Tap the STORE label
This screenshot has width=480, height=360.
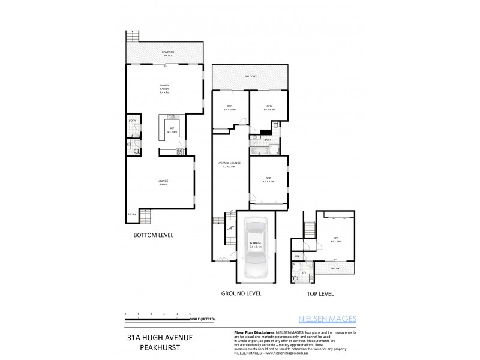tap(131, 214)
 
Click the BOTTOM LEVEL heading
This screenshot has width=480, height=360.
tap(153, 235)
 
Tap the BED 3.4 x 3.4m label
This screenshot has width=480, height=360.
tap(229, 108)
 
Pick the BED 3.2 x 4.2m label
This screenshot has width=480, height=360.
tap(268, 179)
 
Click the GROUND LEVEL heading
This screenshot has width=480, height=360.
tap(241, 294)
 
